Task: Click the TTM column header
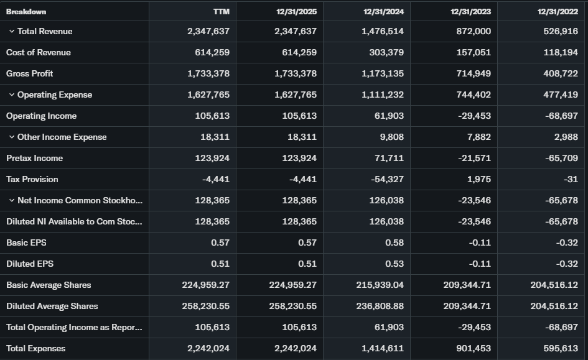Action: [221, 11]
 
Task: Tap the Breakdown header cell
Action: [26, 11]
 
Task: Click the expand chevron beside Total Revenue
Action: [12, 31]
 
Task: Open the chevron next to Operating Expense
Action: [12, 95]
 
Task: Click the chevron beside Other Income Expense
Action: [12, 137]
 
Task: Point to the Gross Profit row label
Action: [29, 73]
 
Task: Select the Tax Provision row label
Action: [32, 179]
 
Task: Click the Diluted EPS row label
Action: [29, 264]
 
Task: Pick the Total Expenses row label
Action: [35, 348]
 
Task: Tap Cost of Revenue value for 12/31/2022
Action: [561, 52]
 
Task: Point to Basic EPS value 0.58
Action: [394, 242]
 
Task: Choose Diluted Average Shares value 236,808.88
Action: [378, 306]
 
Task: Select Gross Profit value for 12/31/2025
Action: [295, 73]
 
